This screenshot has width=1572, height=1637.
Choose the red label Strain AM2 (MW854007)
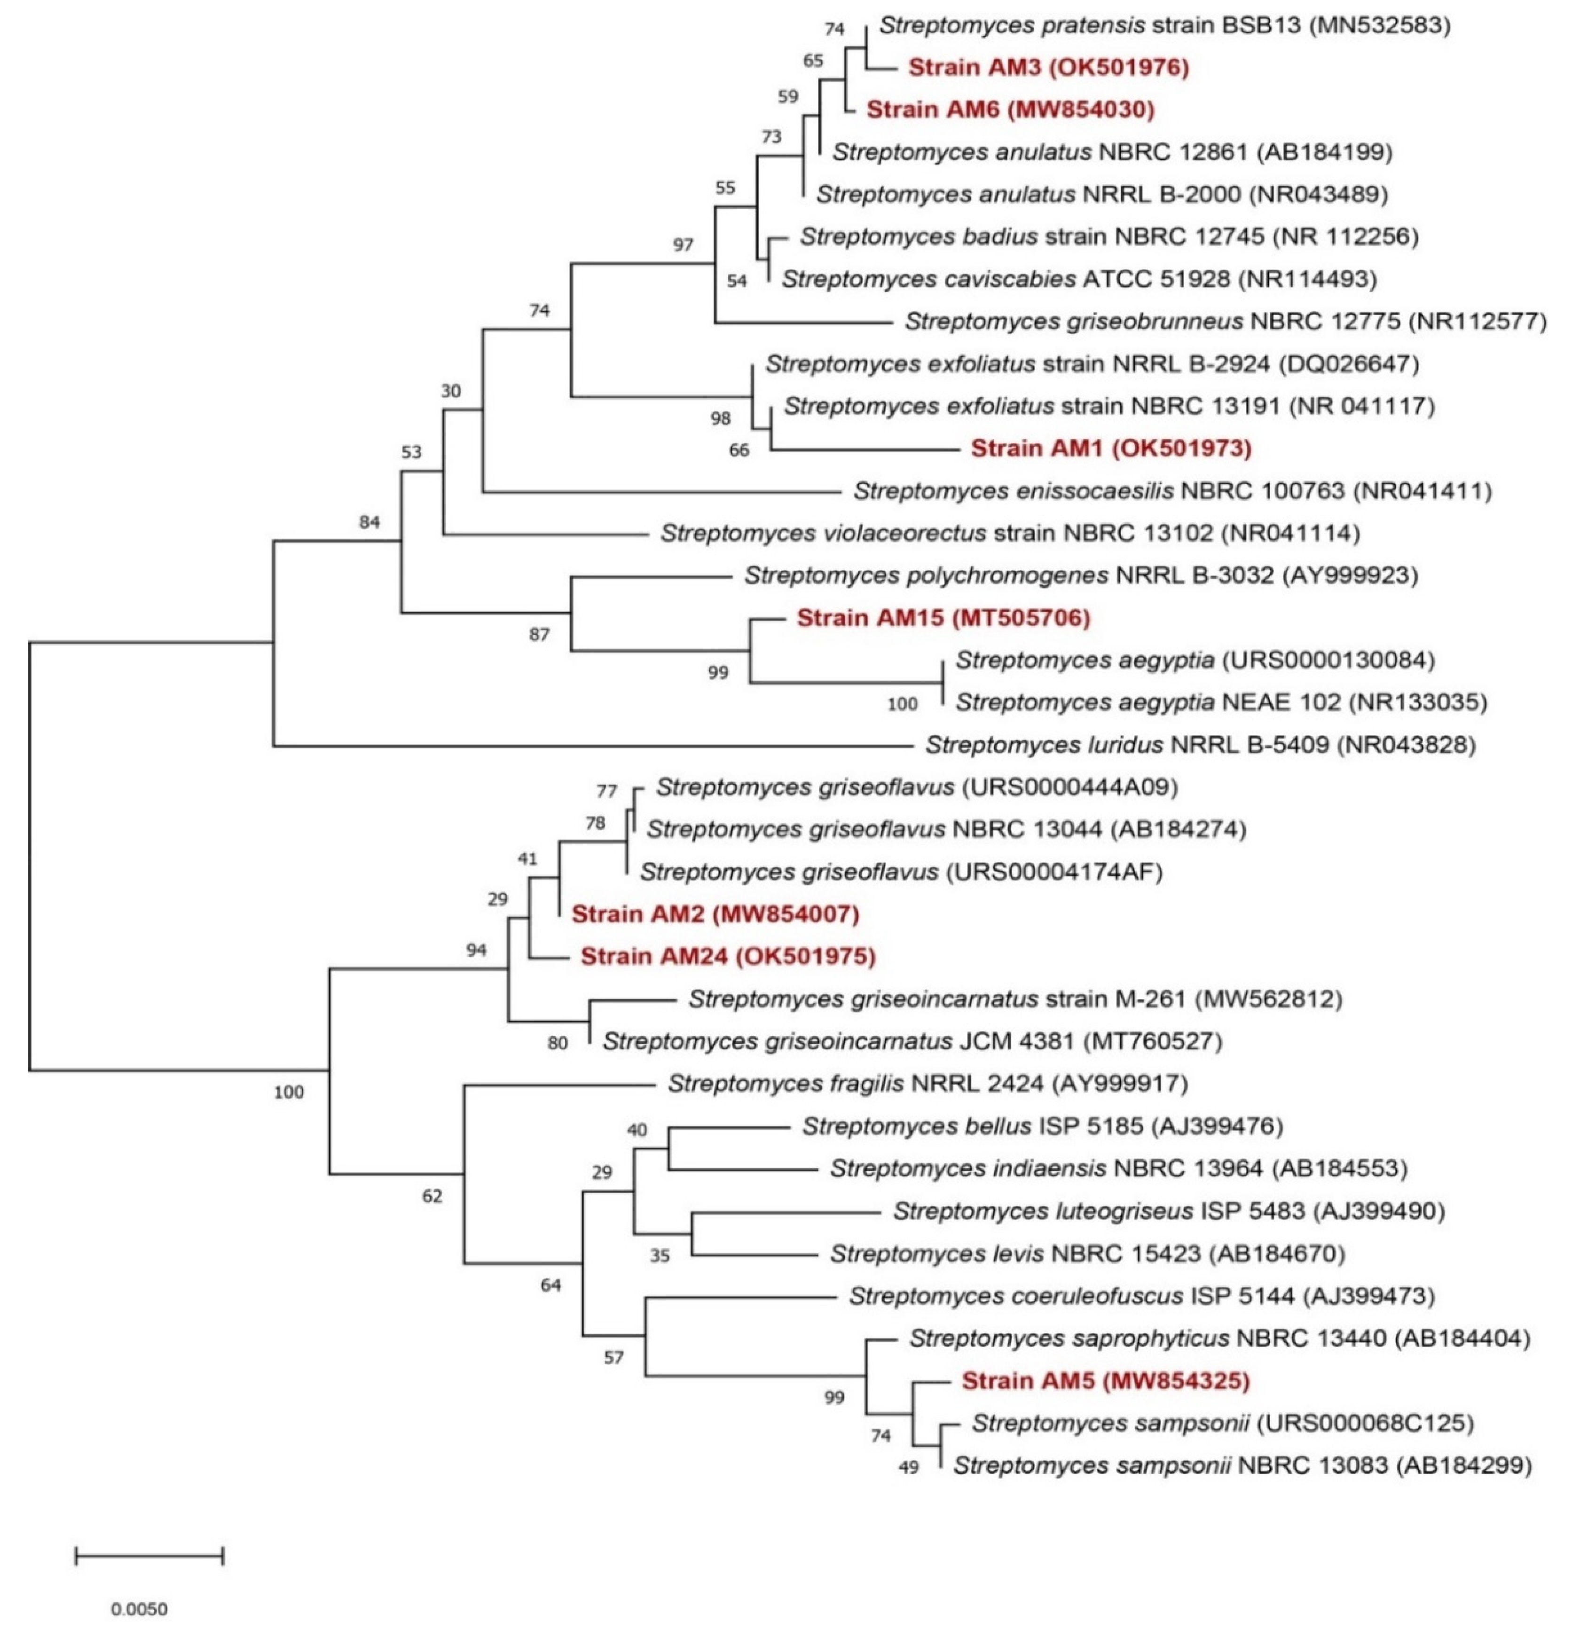[715, 914]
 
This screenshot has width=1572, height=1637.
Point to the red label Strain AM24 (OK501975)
[728, 955]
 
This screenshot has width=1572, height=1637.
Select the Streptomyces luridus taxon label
[1200, 744]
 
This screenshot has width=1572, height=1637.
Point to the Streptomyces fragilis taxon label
[927, 1083]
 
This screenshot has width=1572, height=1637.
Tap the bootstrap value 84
[369, 522]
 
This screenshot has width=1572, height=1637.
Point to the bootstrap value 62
[432, 1196]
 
